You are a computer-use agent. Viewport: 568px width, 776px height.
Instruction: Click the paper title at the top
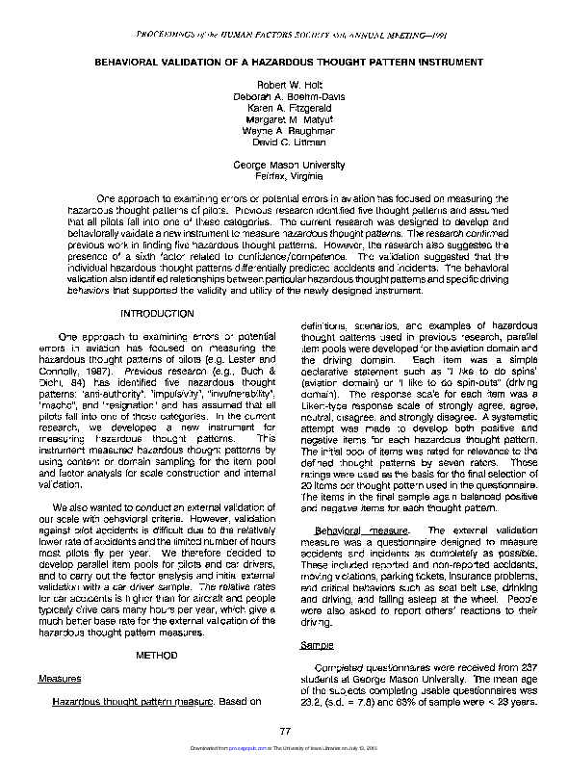tap(288, 62)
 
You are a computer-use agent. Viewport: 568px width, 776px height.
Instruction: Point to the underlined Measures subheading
tap(59, 678)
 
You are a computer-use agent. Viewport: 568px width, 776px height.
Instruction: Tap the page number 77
tap(285, 733)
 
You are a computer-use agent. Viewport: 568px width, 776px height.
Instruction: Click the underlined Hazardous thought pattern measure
tap(131, 701)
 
